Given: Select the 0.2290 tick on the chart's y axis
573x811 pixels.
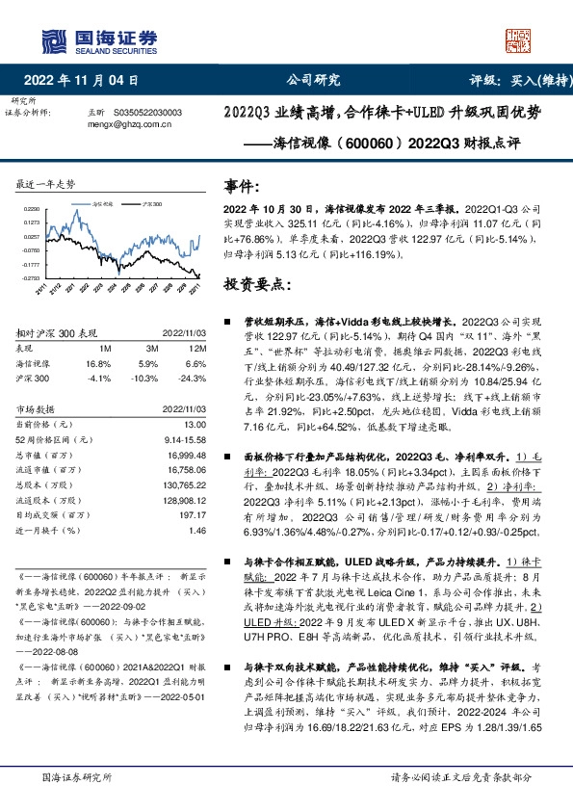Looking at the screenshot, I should [33, 208].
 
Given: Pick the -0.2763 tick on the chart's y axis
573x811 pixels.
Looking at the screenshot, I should [33, 278].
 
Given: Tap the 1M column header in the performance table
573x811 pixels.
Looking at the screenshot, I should [105, 347].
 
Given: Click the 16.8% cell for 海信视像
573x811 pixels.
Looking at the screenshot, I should [99, 363].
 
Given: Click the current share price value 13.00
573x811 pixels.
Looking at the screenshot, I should [194, 424].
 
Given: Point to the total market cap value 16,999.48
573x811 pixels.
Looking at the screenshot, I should [186, 454].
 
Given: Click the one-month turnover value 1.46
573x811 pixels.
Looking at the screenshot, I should [196, 530].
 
